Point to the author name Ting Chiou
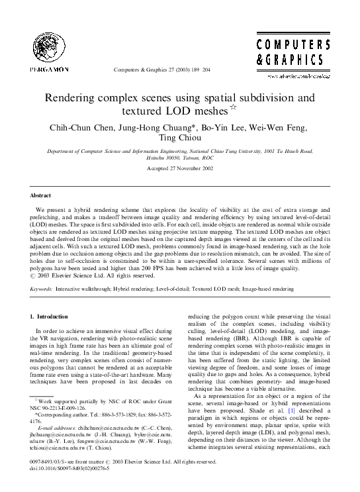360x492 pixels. click(x=179, y=139)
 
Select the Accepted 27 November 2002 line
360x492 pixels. click(x=180, y=169)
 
